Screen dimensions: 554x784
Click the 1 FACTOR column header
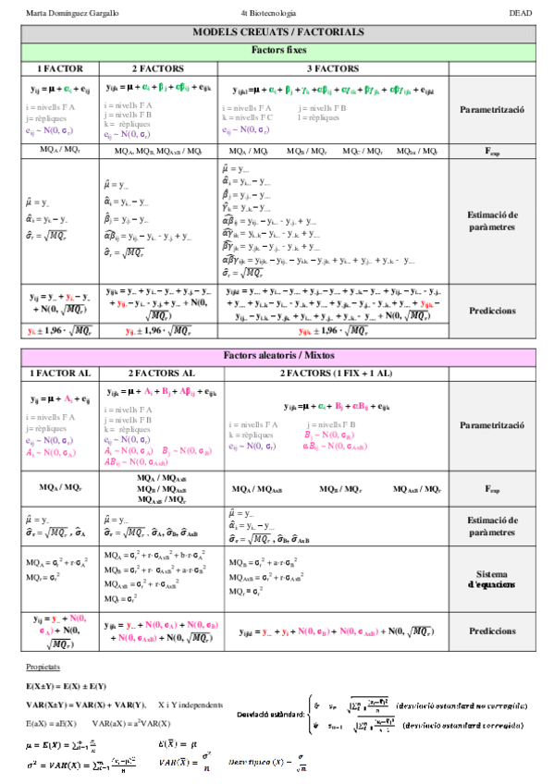pos(60,68)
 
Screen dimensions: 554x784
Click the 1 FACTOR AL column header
pos(60,374)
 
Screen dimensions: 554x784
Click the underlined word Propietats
pos(43,666)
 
